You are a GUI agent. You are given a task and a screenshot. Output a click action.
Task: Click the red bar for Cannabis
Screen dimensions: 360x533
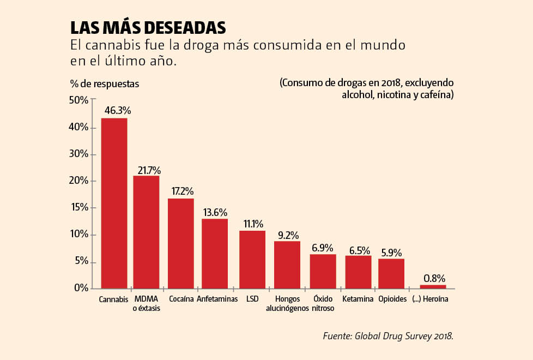[x=114, y=203]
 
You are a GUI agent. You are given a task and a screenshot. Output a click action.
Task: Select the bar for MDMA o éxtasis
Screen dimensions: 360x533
[x=146, y=232]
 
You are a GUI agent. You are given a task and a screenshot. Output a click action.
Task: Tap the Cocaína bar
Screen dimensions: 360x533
[x=181, y=243]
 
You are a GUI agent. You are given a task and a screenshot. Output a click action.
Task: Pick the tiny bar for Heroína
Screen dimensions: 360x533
[x=433, y=286]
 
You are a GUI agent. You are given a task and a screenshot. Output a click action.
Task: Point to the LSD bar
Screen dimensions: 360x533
[x=252, y=260]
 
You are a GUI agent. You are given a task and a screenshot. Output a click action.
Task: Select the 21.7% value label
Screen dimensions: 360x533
[x=149, y=170]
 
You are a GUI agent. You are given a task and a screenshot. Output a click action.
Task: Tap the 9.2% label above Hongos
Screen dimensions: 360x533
[x=288, y=236]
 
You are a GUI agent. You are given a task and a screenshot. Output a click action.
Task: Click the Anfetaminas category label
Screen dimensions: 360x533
[x=217, y=299]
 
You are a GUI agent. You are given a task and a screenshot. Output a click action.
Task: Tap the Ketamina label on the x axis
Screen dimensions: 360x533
[x=358, y=299]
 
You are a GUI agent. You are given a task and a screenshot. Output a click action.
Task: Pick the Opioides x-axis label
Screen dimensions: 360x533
[x=392, y=299]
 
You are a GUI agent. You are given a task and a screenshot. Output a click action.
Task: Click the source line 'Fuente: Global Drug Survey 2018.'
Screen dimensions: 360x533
[x=388, y=336]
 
